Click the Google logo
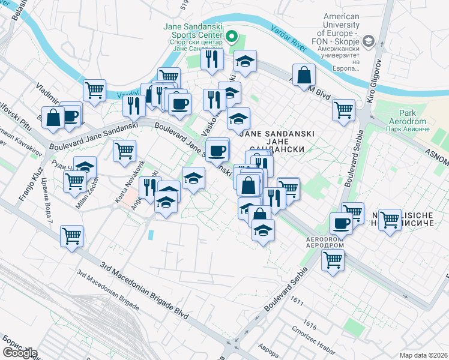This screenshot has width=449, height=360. [20, 353]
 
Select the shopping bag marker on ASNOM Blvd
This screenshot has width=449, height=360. [305, 75]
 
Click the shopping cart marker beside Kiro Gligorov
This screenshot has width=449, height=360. [343, 110]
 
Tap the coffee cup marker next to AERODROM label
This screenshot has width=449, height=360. [341, 224]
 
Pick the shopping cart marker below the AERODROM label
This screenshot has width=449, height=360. [332, 261]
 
